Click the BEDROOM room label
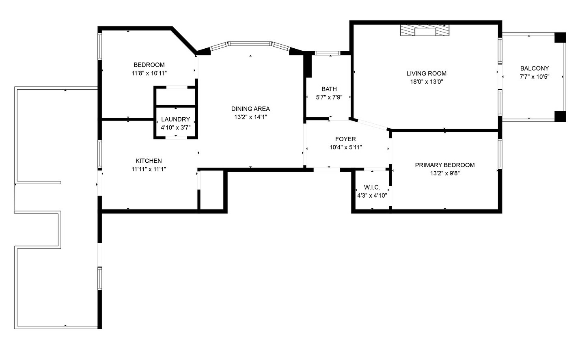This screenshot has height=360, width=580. [149, 65]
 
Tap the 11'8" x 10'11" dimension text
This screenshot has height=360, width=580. [149, 73]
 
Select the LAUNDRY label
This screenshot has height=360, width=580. [175, 119]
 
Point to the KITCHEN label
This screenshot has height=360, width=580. [149, 161]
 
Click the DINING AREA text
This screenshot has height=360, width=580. [250, 109]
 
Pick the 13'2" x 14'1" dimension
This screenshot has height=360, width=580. [250, 117]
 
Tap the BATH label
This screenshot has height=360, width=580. [329, 89]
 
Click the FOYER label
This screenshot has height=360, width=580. [345, 139]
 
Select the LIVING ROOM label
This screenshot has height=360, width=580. [426, 73]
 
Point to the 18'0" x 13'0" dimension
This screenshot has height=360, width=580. [426, 82]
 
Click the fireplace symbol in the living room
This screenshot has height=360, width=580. [425, 31]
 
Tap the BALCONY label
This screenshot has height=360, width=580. [534, 69]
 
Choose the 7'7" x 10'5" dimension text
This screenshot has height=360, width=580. [534, 77]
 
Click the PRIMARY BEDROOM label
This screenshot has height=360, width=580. [444, 165]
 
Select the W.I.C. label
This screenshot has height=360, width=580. [372, 188]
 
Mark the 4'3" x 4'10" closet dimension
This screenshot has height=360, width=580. [372, 195]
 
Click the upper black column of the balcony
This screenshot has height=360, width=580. [560, 37]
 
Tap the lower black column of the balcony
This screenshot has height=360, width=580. [560, 116]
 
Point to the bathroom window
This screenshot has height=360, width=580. [328, 53]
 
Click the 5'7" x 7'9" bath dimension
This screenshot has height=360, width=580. [329, 97]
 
